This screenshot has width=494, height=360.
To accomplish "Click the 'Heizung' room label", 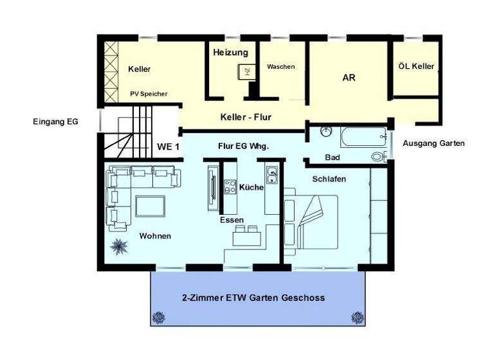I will pos(230,51).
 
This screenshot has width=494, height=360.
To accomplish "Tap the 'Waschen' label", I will pos(281,66).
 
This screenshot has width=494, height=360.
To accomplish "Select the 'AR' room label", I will pos(349,78).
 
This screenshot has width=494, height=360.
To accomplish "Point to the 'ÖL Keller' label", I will pos(416,66).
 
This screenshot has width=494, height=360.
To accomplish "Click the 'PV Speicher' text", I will pos(149,94).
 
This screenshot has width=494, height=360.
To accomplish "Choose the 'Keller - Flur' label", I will pos(246,117).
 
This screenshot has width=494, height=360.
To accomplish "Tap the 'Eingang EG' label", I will pos(55,120).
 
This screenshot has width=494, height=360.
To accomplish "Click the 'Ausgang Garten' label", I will pos(434,143).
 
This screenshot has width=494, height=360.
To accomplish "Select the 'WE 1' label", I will pos(169,147).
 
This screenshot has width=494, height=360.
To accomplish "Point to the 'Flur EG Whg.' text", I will pos(243,146).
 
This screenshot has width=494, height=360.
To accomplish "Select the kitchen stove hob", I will pos(230,187).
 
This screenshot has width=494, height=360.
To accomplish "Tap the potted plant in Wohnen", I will pos(118,246).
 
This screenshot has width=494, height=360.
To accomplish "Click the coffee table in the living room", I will pos(150,206).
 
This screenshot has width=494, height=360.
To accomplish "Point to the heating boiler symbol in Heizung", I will pos(244,71).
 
